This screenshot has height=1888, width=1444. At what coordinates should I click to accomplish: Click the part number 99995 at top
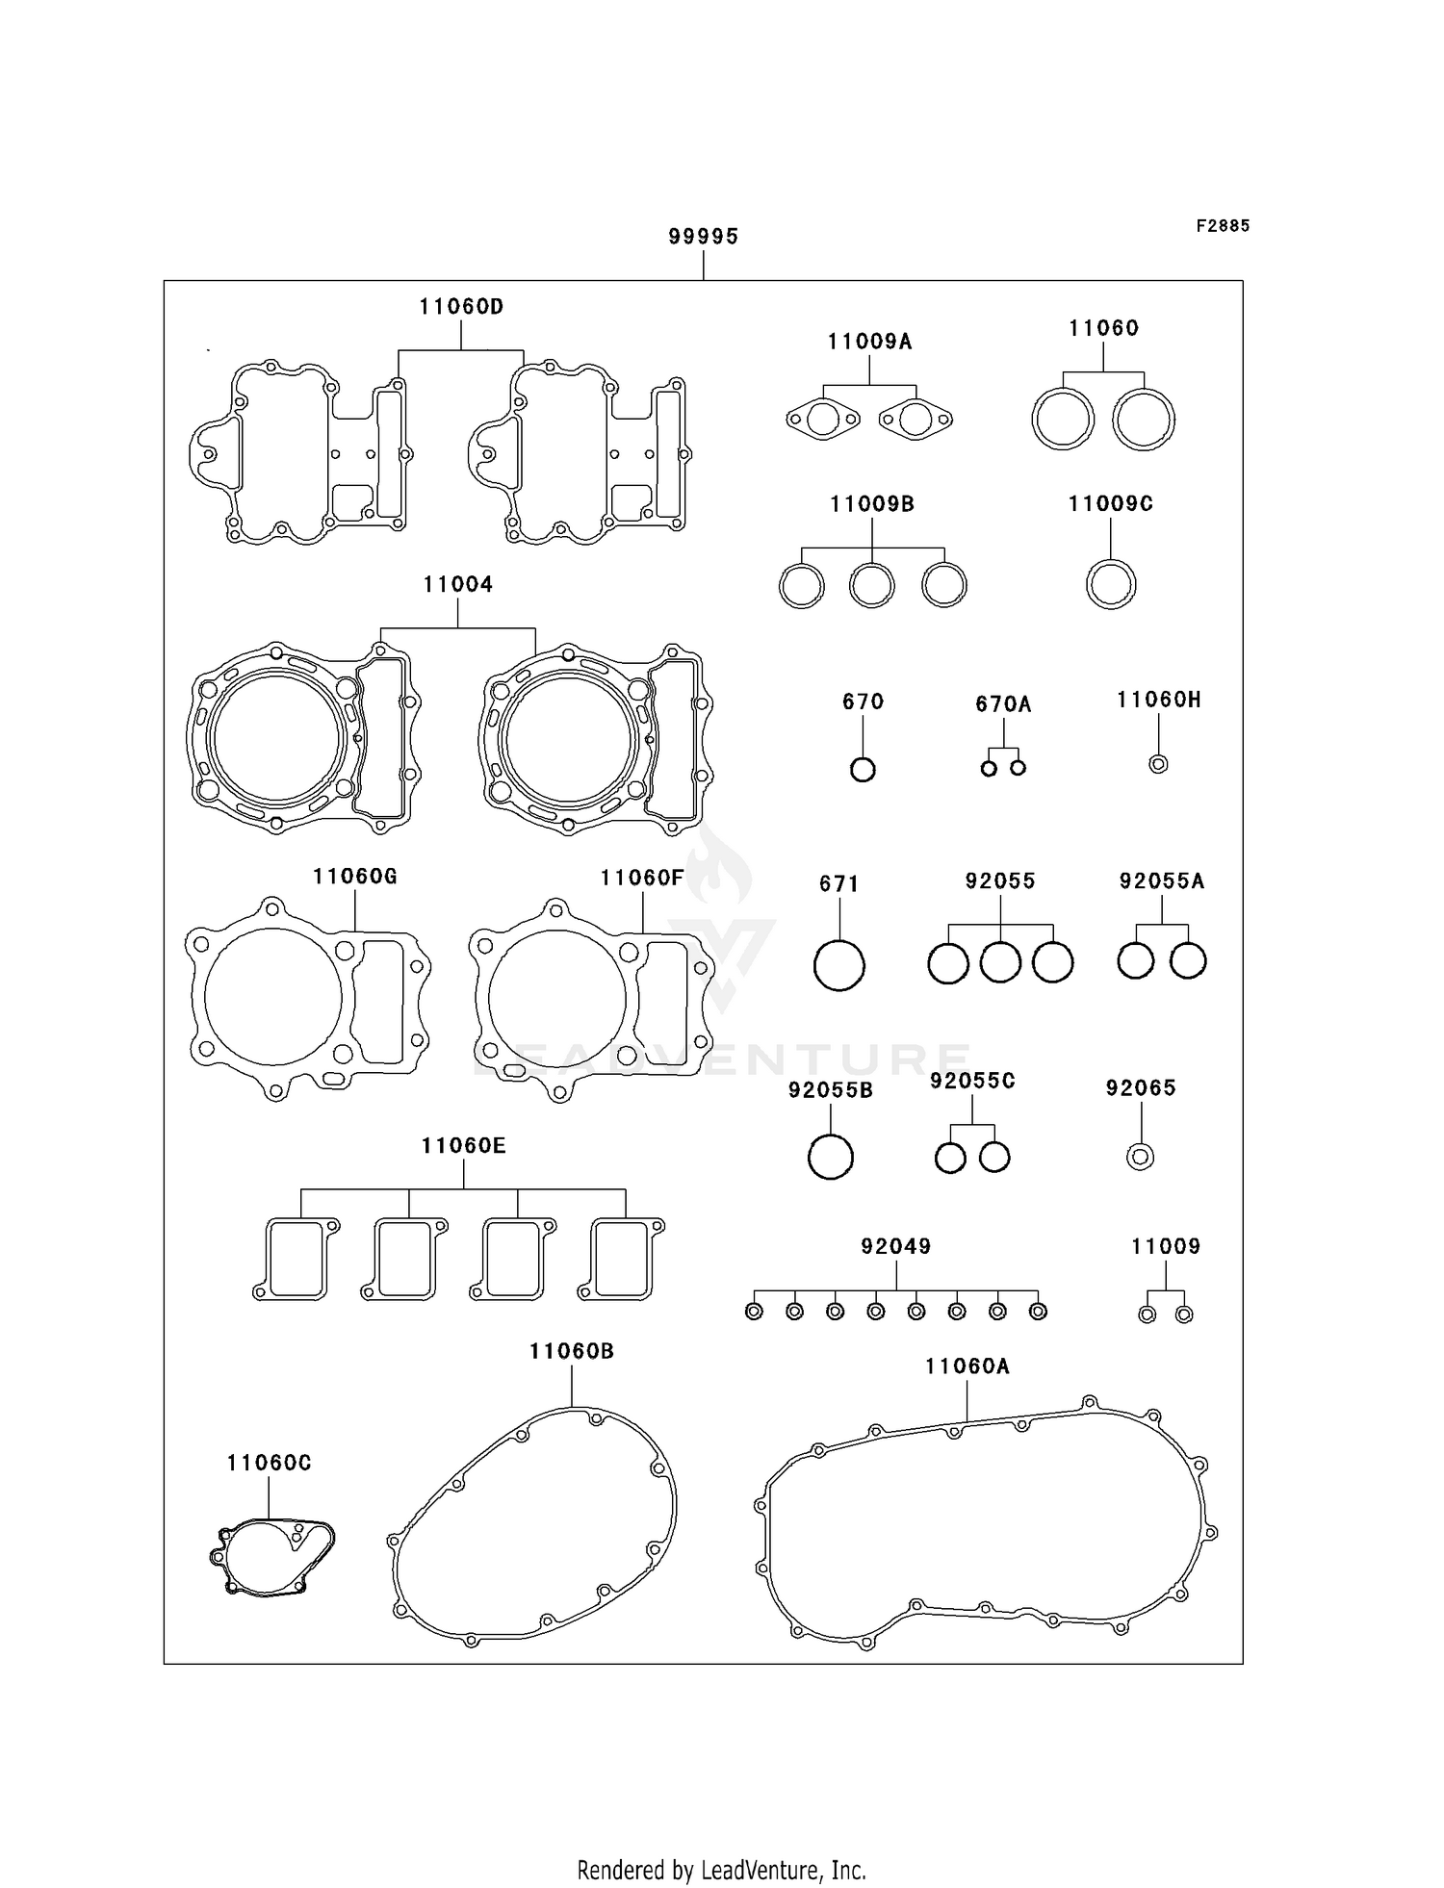[703, 237]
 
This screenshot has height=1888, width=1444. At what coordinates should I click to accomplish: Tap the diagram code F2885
[1223, 226]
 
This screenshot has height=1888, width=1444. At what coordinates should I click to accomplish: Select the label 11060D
[461, 307]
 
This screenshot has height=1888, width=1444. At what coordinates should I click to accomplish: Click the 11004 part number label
[458, 584]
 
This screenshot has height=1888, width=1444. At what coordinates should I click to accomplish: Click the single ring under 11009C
[1111, 584]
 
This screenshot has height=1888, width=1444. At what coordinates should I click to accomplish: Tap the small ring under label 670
[863, 770]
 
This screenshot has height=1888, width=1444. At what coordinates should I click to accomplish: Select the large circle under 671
[838, 965]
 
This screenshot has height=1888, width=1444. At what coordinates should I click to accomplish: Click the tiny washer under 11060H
[1159, 764]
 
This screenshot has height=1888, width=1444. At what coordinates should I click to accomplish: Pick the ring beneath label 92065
[1141, 1157]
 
